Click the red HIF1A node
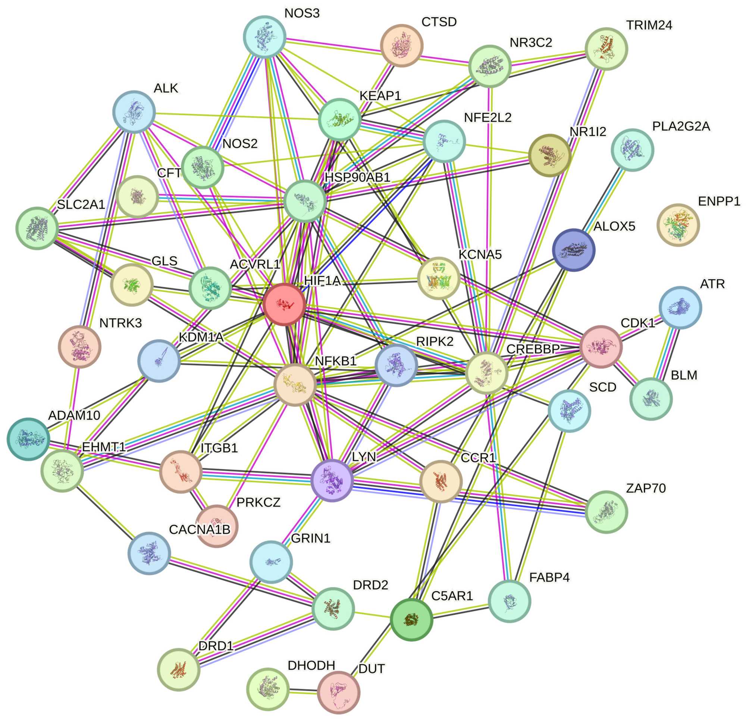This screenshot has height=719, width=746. [284, 304]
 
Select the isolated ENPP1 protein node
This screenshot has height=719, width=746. [678, 225]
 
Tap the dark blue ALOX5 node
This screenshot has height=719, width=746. [573, 250]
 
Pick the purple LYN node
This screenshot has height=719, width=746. [332, 480]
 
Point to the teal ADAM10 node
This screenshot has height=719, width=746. [28, 439]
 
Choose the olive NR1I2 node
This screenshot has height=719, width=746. [549, 155]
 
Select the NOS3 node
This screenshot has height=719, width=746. [264, 37]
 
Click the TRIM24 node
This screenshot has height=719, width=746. [605, 49]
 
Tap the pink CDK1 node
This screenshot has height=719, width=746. [601, 347]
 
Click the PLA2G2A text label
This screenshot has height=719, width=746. [681, 126]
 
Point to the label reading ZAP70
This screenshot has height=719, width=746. [646, 488]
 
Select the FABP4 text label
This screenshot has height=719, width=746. [549, 577]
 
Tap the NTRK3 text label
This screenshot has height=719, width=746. [120, 323]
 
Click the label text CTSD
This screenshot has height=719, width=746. [439, 22]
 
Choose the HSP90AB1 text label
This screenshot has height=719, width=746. [357, 177]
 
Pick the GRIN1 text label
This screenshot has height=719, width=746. [311, 538]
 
